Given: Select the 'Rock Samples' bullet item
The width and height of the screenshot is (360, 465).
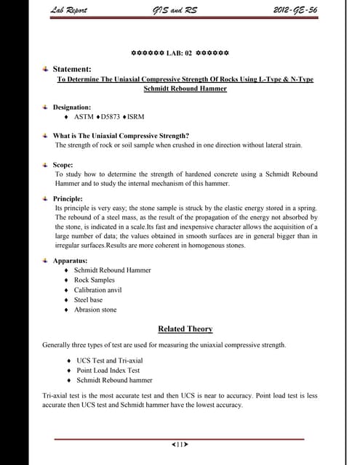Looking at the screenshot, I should pos(95,280).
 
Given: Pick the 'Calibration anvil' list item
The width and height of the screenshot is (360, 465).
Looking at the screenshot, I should pos(98,290).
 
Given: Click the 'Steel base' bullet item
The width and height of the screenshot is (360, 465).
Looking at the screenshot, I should pos(89,299).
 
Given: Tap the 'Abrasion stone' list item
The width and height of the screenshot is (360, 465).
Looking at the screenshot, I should pos(95,310).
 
